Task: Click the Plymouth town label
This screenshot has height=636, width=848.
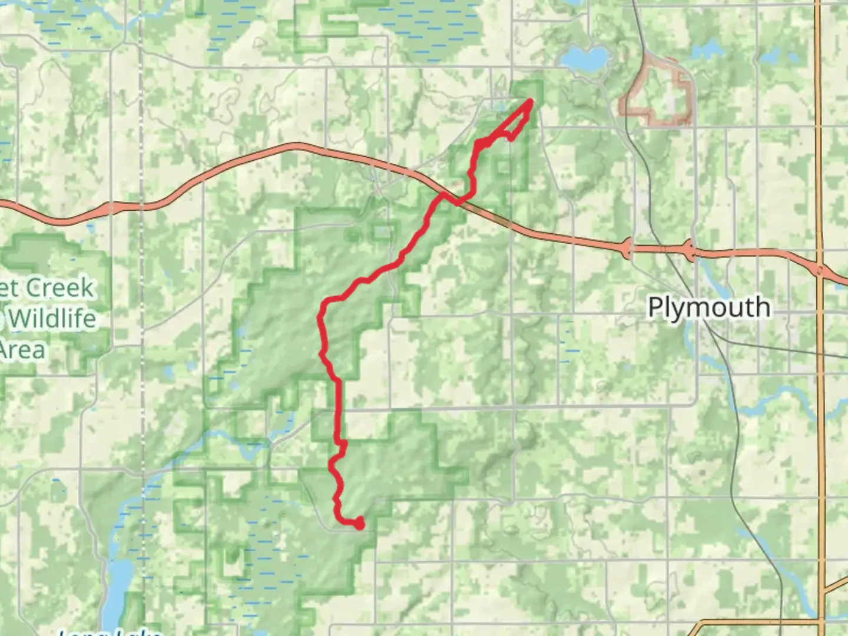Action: coord(709,307)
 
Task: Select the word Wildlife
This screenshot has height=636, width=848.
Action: coord(52,319)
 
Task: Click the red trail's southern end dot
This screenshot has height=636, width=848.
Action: coord(359,524)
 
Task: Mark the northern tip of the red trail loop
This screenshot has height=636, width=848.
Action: coord(531,102)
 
